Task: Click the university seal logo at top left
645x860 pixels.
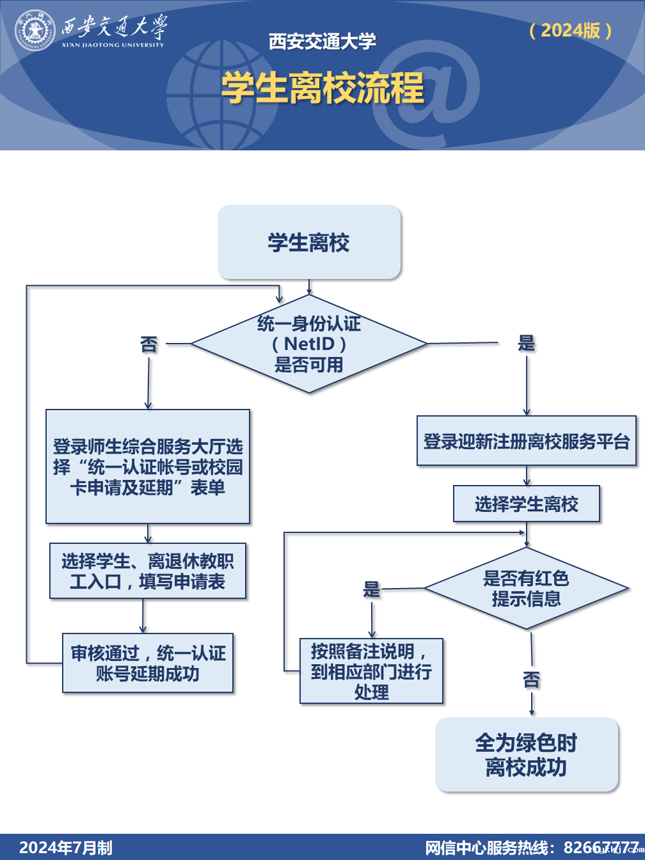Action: click(36, 30)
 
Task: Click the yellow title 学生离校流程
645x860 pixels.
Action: click(322, 88)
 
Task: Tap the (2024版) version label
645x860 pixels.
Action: click(570, 30)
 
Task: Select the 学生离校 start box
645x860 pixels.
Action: click(309, 243)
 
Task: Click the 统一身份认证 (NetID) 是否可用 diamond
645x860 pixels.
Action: click(309, 344)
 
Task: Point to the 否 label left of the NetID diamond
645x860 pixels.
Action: click(148, 344)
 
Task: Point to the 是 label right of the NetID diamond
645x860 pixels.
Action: click(526, 343)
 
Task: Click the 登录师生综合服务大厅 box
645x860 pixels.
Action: click(148, 466)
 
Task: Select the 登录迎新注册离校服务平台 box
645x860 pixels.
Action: click(527, 441)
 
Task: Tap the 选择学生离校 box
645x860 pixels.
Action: click(527, 504)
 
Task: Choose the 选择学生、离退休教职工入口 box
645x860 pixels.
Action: click(148, 571)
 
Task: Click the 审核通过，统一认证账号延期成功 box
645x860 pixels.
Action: click(148, 663)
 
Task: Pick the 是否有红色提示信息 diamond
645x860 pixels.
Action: click(526, 588)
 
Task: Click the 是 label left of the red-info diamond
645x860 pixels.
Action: click(372, 589)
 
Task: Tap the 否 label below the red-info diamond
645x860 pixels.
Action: click(531, 680)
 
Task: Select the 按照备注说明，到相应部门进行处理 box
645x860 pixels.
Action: click(371, 671)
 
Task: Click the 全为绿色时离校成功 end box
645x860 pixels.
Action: click(527, 754)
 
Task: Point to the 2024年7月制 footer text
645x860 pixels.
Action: click(66, 848)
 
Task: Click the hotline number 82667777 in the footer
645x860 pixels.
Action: click(601, 848)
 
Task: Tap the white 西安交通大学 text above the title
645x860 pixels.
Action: click(322, 42)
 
